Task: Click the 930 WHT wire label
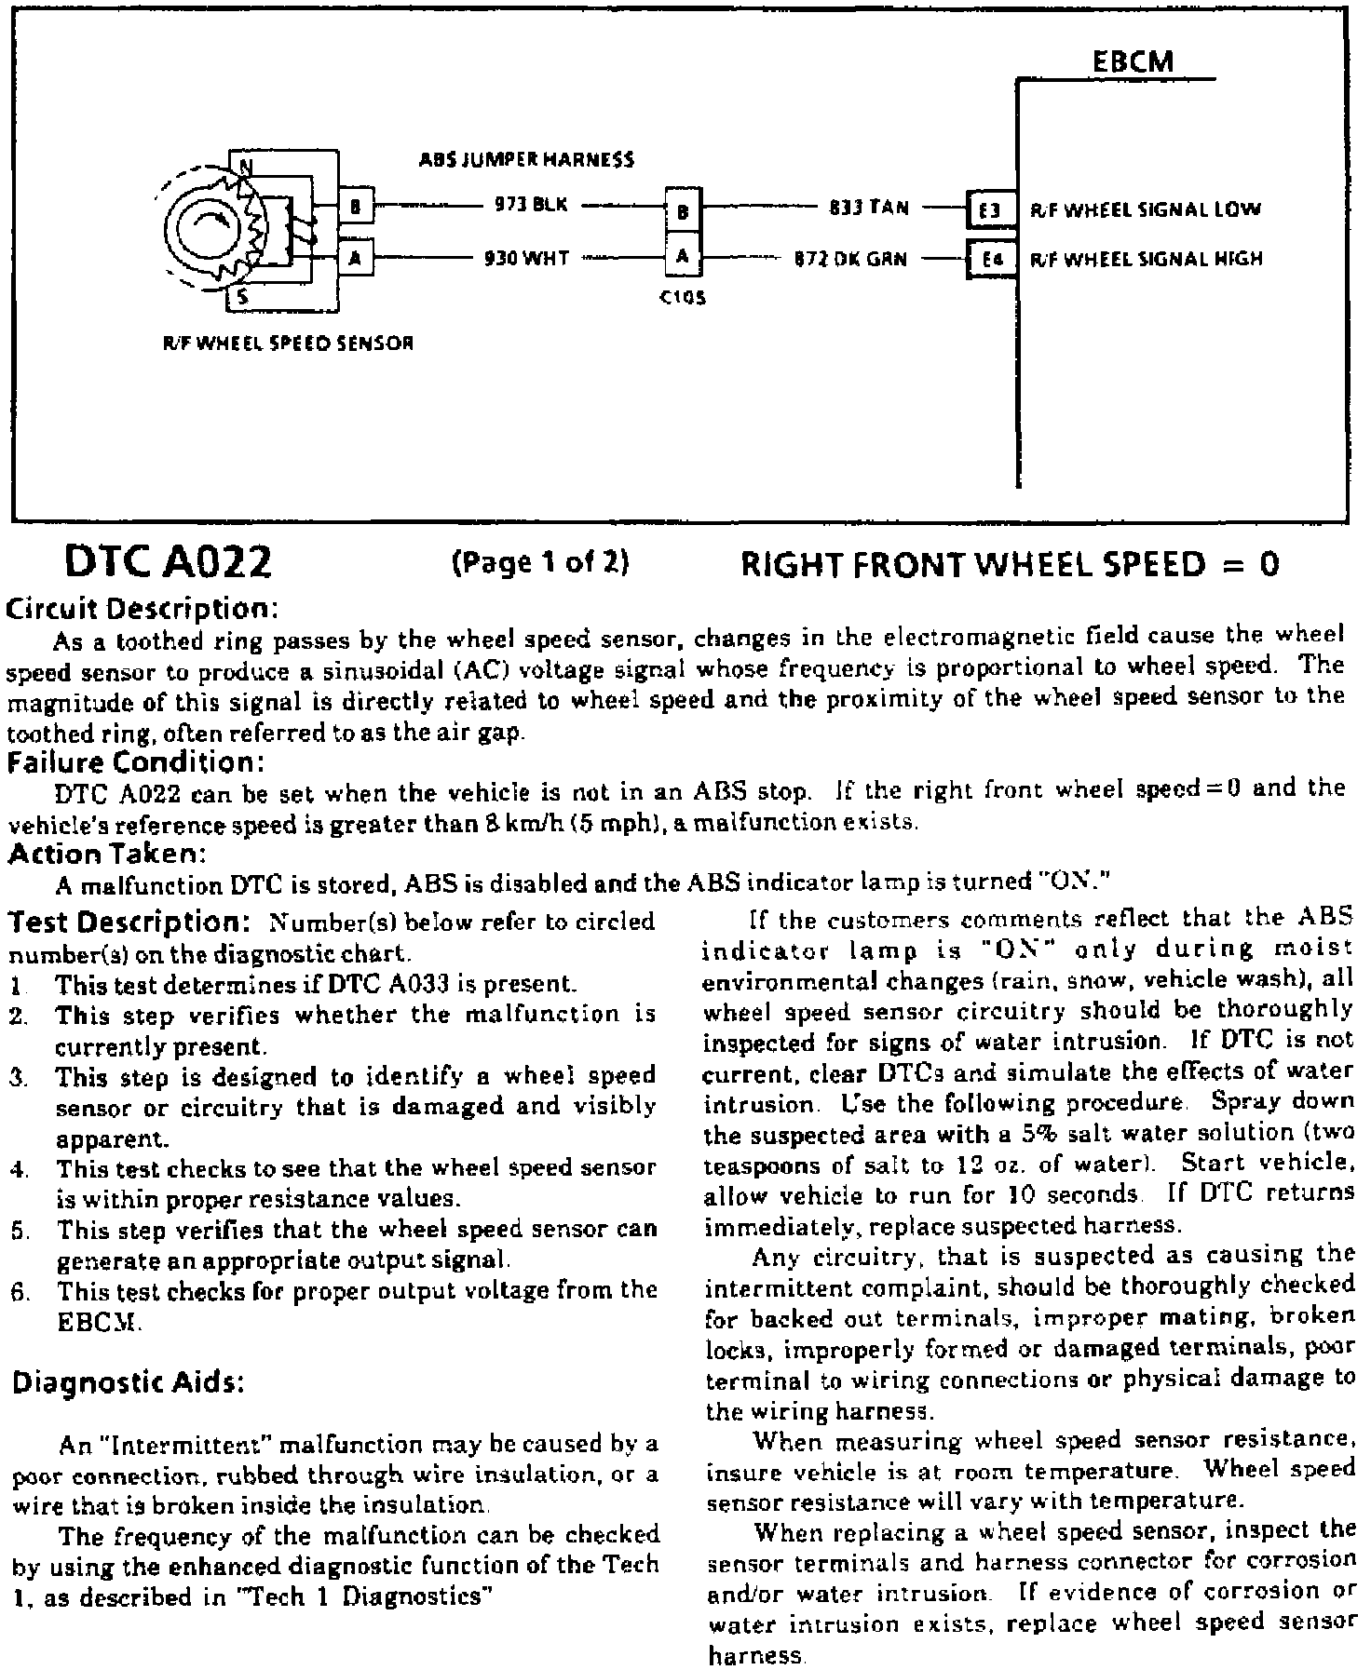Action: point(527,258)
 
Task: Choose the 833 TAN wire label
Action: point(868,208)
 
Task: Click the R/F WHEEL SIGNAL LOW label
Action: point(1145,210)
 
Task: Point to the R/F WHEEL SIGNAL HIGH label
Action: point(1146,259)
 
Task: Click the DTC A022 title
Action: point(168,563)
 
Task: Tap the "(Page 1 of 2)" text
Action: point(540,562)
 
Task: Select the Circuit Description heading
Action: point(143,609)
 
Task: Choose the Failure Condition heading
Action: point(136,762)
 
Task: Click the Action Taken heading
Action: point(105,853)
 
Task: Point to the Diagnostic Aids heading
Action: point(128,1383)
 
